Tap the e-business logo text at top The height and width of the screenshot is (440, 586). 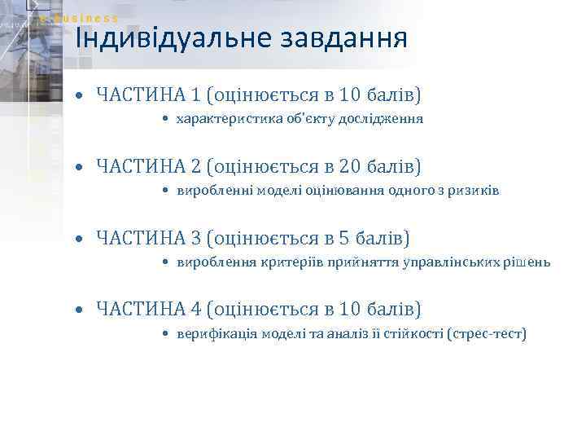click(x=80, y=18)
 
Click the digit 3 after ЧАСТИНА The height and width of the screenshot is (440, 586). click(x=195, y=239)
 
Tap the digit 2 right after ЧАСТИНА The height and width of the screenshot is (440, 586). click(x=195, y=167)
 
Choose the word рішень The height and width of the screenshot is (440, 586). click(x=531, y=262)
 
